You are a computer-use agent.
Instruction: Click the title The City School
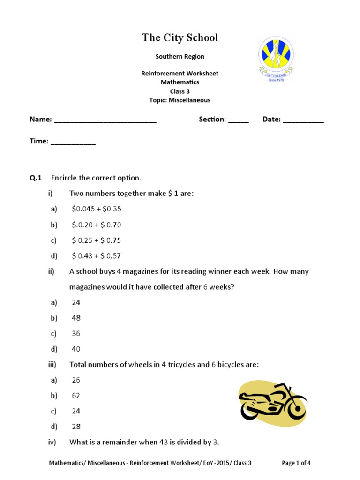[180, 38]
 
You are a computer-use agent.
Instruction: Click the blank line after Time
[73, 142]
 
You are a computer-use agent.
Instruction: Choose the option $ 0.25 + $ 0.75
[97, 240]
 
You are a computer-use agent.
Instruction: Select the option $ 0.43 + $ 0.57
[97, 256]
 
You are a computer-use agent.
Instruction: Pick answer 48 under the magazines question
[76, 318]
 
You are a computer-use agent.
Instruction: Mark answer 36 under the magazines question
[76, 333]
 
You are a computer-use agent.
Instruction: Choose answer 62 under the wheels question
[76, 396]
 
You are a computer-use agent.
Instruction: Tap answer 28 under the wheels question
[76, 427]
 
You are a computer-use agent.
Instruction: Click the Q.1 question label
[36, 178]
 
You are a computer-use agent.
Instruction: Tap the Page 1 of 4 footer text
[296, 463]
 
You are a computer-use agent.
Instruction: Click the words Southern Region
[180, 56]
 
